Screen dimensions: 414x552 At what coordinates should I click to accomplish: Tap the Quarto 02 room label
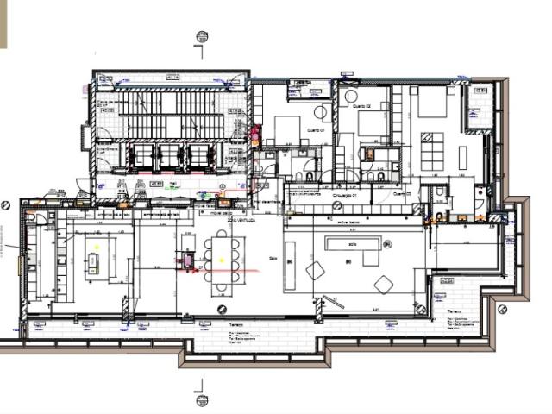tap(362, 105)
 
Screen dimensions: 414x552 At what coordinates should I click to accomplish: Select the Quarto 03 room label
tap(401, 195)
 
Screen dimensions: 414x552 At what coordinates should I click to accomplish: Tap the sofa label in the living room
tap(351, 244)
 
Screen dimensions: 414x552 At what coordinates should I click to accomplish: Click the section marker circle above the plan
tap(202, 36)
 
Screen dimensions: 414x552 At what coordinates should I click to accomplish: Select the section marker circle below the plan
tap(202, 398)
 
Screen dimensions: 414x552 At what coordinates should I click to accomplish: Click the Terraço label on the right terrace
tap(455, 311)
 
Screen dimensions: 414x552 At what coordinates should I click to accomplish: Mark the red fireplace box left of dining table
tap(185, 260)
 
